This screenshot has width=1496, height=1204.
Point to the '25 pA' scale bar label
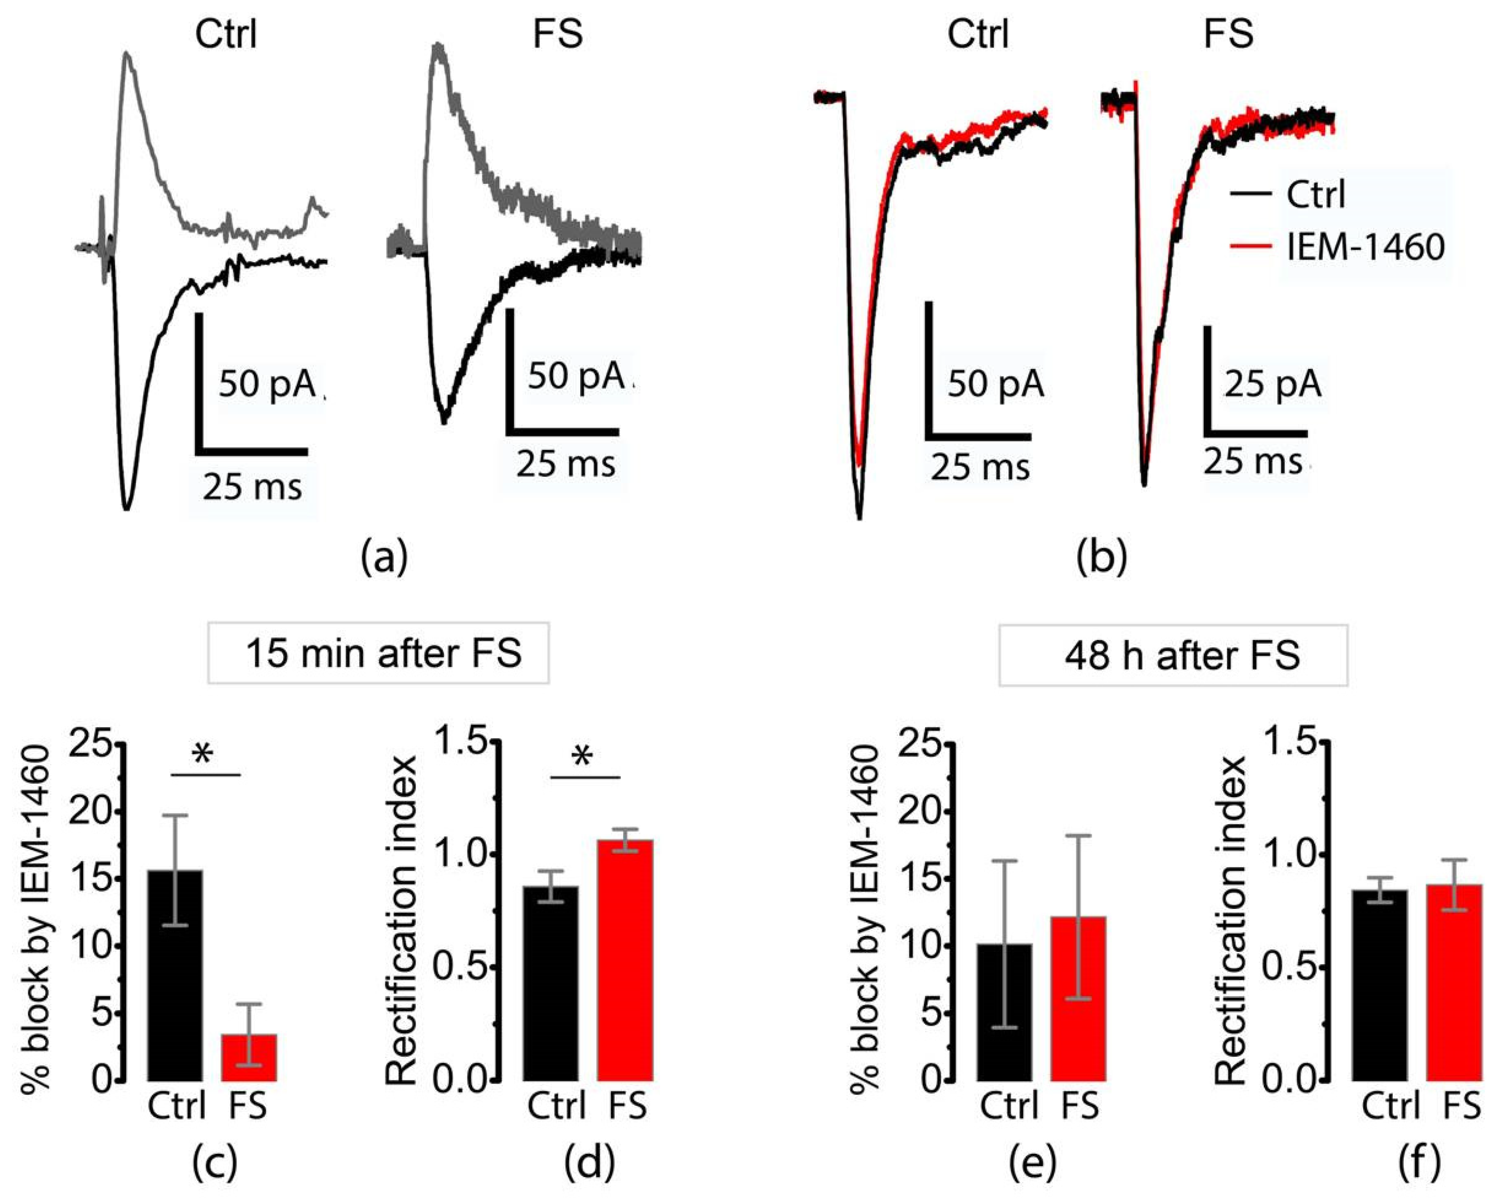[x=1272, y=384]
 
